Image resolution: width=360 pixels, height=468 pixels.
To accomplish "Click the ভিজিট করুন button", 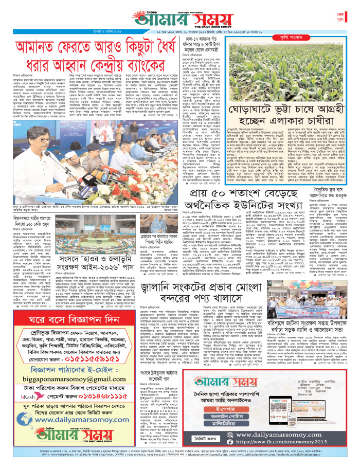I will (x=210, y=440).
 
